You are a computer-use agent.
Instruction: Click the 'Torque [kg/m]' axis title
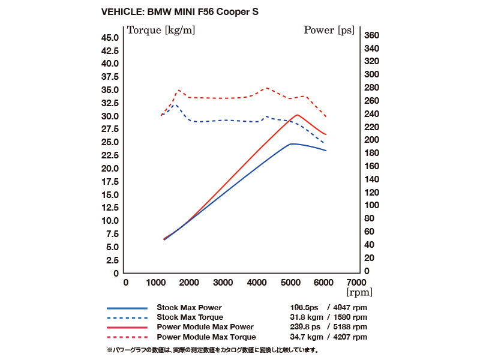click(x=161, y=29)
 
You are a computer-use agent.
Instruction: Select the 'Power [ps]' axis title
click(x=329, y=29)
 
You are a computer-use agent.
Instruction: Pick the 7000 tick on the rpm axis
click(x=357, y=282)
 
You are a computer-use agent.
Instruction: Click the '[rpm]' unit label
click(x=359, y=293)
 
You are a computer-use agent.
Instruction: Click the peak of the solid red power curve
click(x=298, y=115)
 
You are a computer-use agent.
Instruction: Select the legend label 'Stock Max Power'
click(x=189, y=308)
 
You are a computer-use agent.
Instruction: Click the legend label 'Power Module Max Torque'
click(x=206, y=337)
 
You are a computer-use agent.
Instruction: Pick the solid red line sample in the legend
click(x=127, y=327)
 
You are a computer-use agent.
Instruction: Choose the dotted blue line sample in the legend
click(x=127, y=317)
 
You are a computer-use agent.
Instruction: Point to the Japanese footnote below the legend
click(x=212, y=349)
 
